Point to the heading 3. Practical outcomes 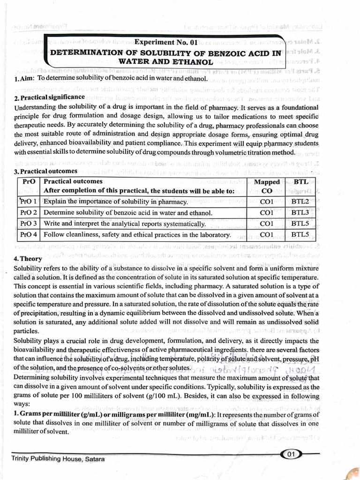point(46,171)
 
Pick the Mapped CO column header point(266,186)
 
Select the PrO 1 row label point(29,202)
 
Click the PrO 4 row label point(29,234)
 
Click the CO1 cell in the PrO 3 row point(266,224)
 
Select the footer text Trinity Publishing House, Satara point(58,459)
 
